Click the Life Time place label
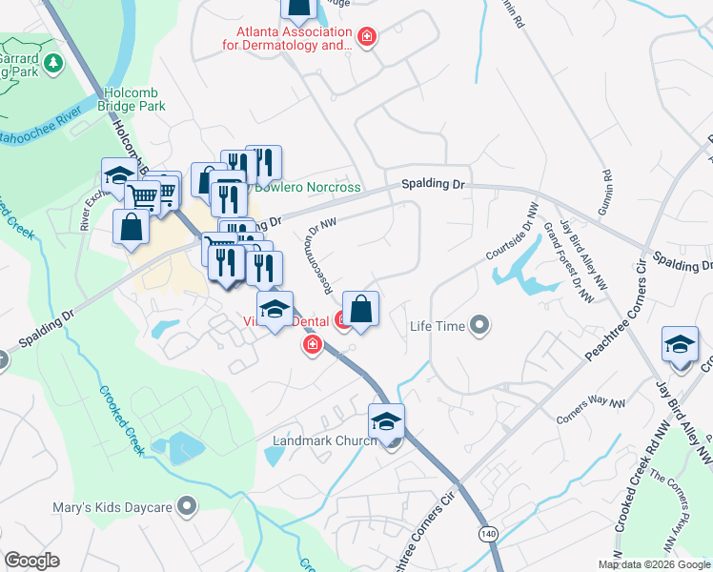click(437, 327)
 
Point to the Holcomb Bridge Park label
click(132, 99)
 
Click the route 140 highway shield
click(488, 532)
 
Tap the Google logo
click(31, 561)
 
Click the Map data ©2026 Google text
click(655, 564)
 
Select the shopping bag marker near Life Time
click(361, 310)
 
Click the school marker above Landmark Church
click(386, 422)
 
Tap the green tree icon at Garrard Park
click(54, 63)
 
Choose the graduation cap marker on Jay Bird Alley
click(680, 345)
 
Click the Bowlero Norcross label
click(306, 187)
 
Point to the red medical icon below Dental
click(311, 345)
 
